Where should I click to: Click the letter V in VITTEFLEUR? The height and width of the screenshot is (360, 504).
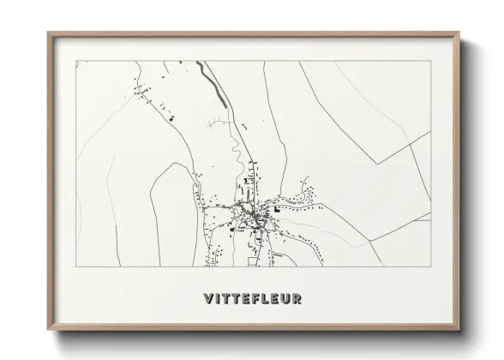tap(209, 298)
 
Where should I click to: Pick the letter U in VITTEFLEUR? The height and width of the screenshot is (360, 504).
tap(285, 298)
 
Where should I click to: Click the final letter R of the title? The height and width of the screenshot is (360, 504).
tap(297, 298)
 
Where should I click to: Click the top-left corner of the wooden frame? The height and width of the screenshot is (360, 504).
tap(48, 33)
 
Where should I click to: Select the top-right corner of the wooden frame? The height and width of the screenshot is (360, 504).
tap(459, 33)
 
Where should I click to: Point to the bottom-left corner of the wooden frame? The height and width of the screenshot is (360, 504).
tap(48, 331)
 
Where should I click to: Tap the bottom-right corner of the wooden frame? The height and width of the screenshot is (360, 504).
tap(459, 331)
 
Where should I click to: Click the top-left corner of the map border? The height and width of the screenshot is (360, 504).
tap(76, 61)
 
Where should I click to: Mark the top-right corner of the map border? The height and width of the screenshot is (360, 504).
tap(431, 61)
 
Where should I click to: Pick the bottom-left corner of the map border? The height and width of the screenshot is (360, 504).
tap(76, 267)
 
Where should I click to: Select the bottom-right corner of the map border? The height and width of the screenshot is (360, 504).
tap(431, 267)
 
